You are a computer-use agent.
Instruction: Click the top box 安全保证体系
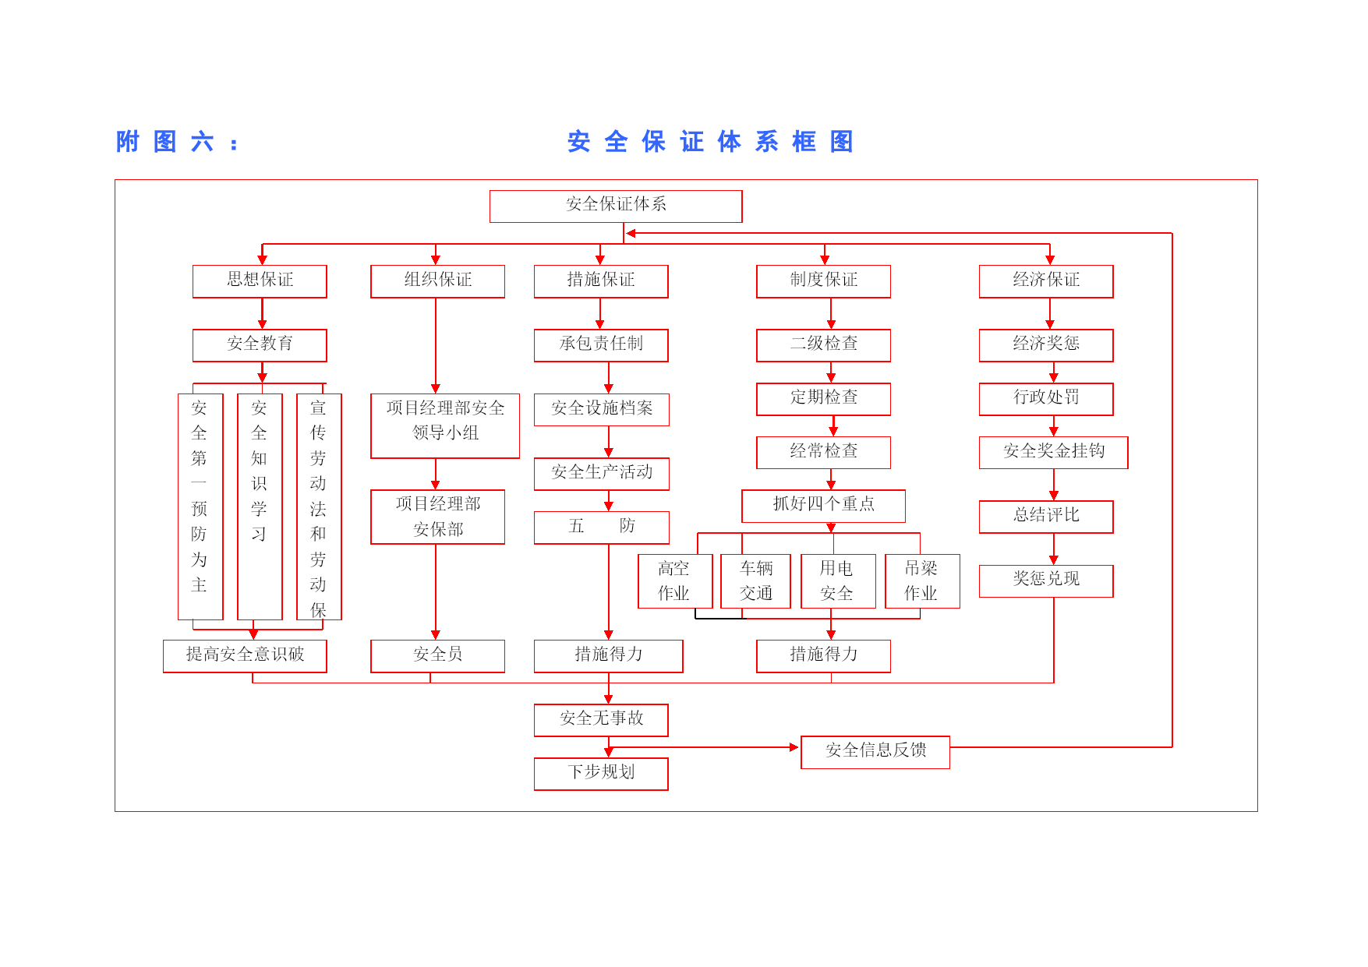(616, 206)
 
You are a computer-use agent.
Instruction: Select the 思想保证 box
(260, 281)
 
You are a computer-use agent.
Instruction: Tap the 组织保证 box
(437, 281)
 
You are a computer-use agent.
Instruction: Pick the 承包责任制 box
(601, 345)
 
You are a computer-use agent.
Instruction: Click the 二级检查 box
(823, 345)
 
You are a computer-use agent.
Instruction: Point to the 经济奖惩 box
(1046, 345)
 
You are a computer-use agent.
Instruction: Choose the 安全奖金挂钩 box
(1053, 453)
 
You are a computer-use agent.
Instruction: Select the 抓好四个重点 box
(823, 506)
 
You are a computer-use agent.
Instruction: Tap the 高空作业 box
(675, 581)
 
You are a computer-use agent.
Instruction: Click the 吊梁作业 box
(922, 581)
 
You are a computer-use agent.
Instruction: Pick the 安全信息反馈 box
(875, 752)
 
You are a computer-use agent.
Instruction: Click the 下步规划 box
(601, 774)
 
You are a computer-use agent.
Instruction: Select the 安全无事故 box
(601, 720)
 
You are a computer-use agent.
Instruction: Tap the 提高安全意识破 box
(245, 656)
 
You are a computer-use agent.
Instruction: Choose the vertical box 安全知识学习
(260, 506)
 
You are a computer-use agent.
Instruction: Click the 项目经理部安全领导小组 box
(445, 425)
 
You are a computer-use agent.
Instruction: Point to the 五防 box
(601, 528)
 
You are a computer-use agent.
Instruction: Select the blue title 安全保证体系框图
(710, 142)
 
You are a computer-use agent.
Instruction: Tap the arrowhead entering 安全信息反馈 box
(794, 747)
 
